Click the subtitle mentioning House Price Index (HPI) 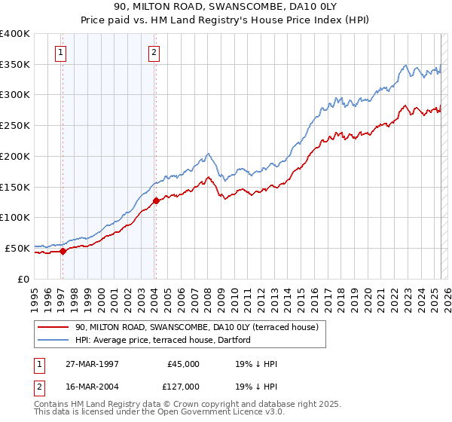coord(225,20)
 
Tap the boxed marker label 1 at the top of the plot coord(60,53)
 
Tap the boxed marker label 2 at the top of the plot coord(153,53)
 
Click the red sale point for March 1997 coord(63,252)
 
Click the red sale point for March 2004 coord(156,201)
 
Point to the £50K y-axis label coord(18,248)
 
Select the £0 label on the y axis coord(23,279)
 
